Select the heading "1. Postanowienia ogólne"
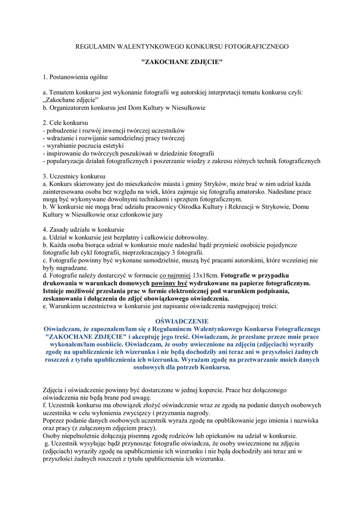click(x=75, y=77)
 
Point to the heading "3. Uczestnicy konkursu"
click(x=74, y=176)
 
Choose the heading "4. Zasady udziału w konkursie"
click(x=83, y=230)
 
